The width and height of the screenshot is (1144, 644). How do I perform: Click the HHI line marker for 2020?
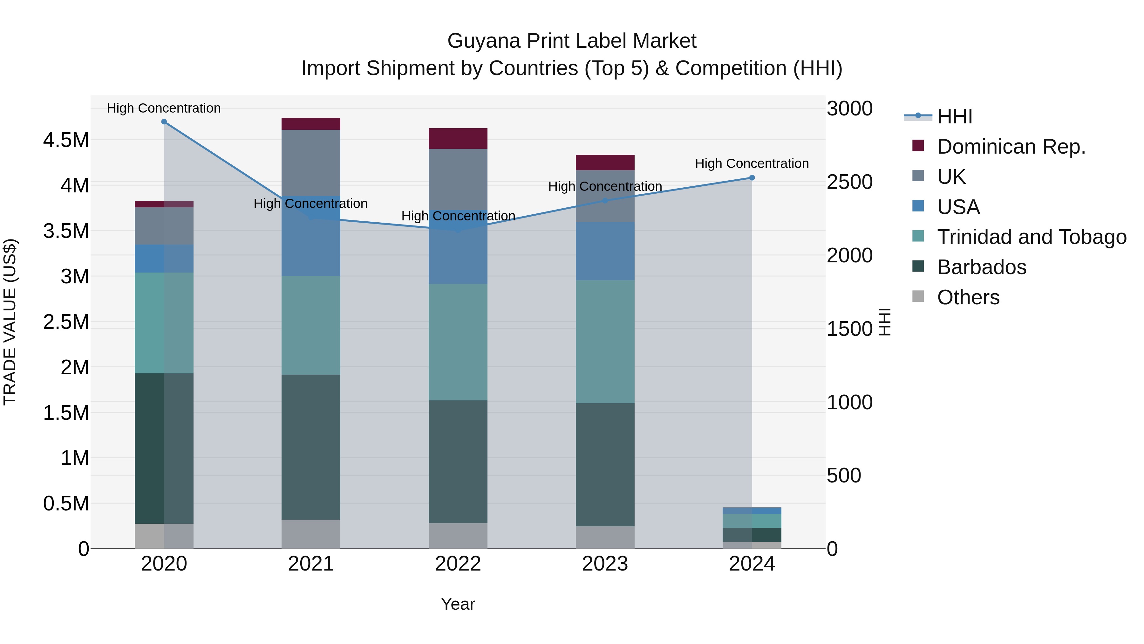(x=164, y=122)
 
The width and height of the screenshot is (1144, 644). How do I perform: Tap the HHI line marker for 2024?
(x=752, y=178)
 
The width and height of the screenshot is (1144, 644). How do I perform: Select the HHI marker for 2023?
(x=605, y=200)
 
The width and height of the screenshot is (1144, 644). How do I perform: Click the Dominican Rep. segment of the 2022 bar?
(x=458, y=138)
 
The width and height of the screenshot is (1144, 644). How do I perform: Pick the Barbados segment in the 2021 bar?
(x=311, y=447)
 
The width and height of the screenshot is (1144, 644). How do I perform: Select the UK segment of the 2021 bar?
(x=311, y=162)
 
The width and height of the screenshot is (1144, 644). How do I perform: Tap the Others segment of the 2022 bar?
(x=458, y=536)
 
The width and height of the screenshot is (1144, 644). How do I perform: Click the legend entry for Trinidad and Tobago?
(x=1032, y=237)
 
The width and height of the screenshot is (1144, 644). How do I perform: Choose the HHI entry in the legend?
(x=955, y=116)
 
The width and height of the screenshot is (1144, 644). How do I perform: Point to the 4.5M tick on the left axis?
(x=66, y=140)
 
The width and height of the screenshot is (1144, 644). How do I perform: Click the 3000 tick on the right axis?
(x=849, y=108)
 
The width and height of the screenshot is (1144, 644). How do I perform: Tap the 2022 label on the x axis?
(x=458, y=564)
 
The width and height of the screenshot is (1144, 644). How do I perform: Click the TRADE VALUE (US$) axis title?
(x=10, y=322)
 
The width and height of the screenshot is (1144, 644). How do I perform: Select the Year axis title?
(x=458, y=604)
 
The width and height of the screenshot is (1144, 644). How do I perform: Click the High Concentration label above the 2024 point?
(x=752, y=163)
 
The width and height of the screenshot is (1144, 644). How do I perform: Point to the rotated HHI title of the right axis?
(x=885, y=322)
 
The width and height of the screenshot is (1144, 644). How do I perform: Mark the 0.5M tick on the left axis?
(x=66, y=503)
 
